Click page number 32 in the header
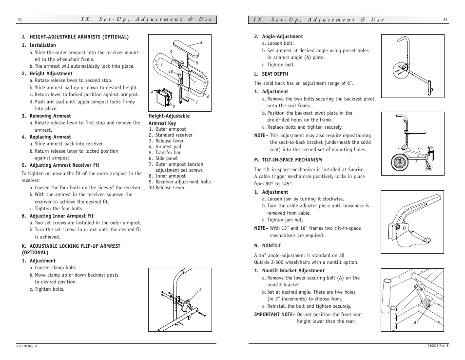tap(19, 20)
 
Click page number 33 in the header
tap(445, 20)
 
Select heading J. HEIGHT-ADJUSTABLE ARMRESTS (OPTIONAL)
tap(75, 37)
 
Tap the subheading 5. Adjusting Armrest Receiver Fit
tap(60, 165)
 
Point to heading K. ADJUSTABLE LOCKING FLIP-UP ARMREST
tap(71, 246)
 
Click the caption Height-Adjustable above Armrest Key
tap(169, 116)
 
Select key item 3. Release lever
tap(166, 141)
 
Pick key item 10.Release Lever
tap(167, 188)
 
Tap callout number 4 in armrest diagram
tap(201, 43)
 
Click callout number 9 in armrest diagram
tap(174, 106)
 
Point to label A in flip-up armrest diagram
tap(200, 290)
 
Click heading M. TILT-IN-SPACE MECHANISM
tap(288, 160)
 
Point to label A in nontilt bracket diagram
tap(415, 322)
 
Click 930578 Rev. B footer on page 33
tap(438, 346)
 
